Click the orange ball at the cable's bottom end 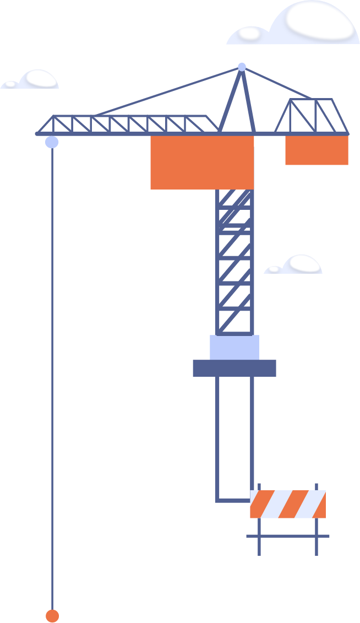(52, 616)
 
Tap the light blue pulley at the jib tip (52, 142)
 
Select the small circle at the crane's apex (242, 67)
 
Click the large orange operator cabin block (202, 162)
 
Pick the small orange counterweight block (317, 150)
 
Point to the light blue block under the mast (234, 347)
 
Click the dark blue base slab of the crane (234, 368)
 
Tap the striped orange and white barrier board (288, 504)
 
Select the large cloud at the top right (300, 25)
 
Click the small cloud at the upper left (33, 80)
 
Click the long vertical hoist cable (52, 386)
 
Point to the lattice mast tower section (234, 264)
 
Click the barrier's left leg (259, 545)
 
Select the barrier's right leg (317, 545)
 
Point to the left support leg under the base (217, 435)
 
